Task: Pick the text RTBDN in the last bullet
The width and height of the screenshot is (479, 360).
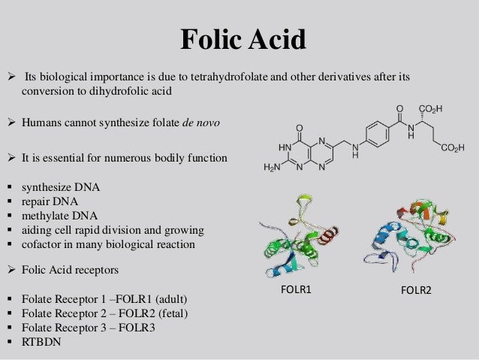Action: click(42, 340)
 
